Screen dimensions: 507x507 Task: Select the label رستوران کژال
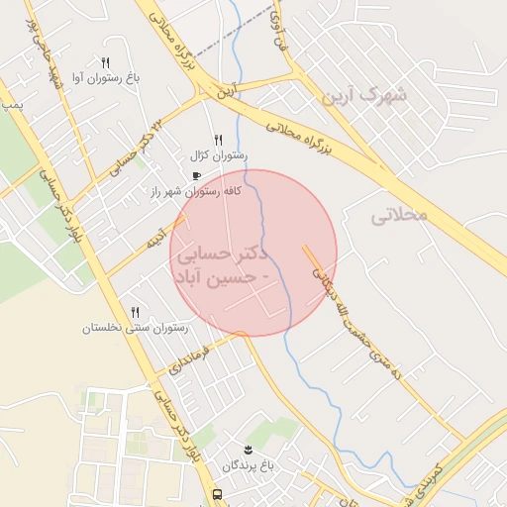point(219,155)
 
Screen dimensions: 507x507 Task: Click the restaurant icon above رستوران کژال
point(219,140)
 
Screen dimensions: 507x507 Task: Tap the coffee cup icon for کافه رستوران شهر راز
point(196,176)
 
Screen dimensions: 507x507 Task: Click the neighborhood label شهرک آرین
point(364,96)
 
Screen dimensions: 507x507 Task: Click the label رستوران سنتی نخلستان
point(136,328)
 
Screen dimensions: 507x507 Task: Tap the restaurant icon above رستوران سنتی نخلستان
point(136,312)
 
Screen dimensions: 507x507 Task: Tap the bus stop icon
point(217,494)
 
